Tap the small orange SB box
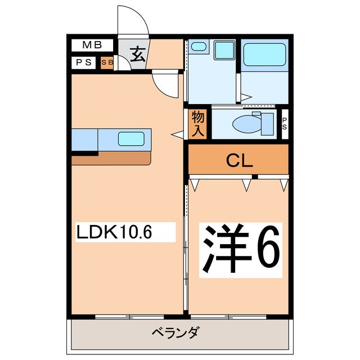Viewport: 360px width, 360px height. point(106,63)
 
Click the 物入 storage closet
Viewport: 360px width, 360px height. point(198,123)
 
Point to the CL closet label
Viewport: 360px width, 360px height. point(239,161)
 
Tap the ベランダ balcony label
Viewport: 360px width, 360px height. point(175,333)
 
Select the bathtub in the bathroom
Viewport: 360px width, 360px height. point(264,55)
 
